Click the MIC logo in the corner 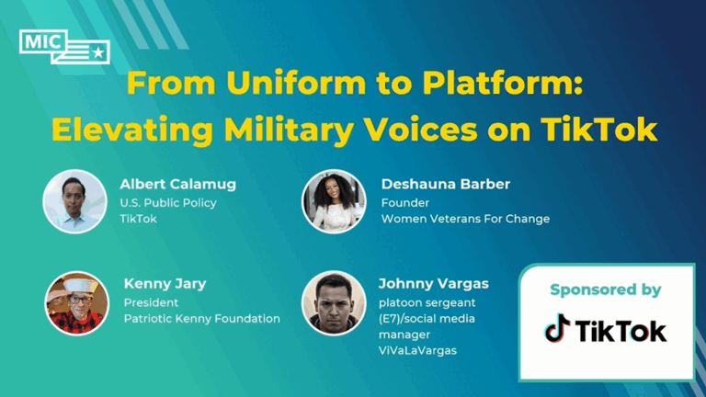pyautogui.click(x=63, y=46)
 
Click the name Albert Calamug pyautogui.click(x=177, y=185)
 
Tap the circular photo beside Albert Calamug pyautogui.click(x=74, y=201)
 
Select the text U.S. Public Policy pyautogui.click(x=167, y=202)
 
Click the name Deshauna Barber pyautogui.click(x=446, y=185)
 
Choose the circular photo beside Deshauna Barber pyautogui.click(x=334, y=201)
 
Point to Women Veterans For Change pyautogui.click(x=466, y=219)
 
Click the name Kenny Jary pyautogui.click(x=165, y=284)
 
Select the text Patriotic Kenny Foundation pyautogui.click(x=202, y=319)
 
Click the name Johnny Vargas pyautogui.click(x=434, y=284)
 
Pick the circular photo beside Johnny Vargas pyautogui.click(x=334, y=301)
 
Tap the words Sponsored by pyautogui.click(x=605, y=290)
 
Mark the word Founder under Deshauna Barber pyautogui.click(x=405, y=202)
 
